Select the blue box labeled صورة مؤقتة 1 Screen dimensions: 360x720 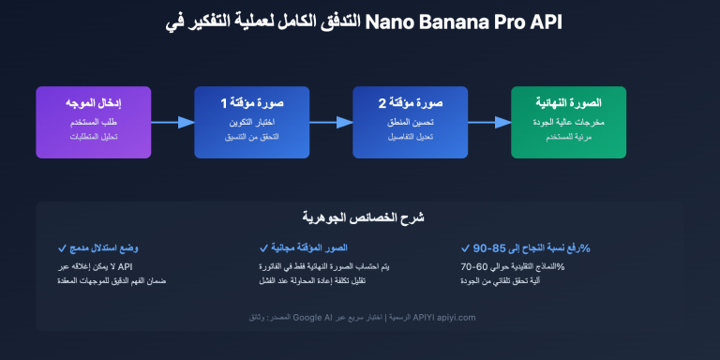251,122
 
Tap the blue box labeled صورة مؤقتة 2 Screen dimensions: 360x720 410,122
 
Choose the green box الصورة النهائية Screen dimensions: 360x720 568,122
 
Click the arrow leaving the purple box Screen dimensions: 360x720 172,122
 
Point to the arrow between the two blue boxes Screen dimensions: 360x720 331,122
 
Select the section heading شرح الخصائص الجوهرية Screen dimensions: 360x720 359,217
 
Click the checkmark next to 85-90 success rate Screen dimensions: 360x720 466,248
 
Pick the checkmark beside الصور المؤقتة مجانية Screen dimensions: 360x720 263,248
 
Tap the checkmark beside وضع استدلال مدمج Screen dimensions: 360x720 62,248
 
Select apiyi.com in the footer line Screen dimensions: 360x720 455,318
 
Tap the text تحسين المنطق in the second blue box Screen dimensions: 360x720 410,123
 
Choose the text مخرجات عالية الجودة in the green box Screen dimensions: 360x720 568,123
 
